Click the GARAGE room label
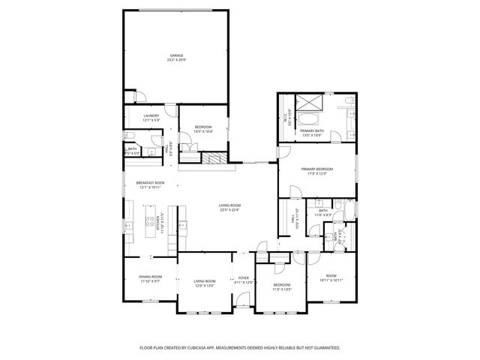pos(177,55)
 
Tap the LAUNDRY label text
pos(151,115)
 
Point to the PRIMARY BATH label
pos(312,131)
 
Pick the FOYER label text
pos(244,278)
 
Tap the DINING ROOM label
pos(150,278)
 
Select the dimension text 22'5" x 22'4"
pos(229,209)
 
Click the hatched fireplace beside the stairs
pos(217,158)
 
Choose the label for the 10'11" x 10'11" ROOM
pos(331,277)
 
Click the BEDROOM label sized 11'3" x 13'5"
pos(282,286)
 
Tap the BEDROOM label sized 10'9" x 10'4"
pos(203,128)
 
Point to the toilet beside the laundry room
pos(129,136)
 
